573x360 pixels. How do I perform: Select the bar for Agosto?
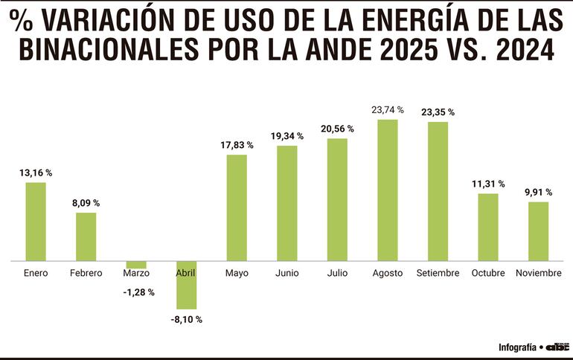388,190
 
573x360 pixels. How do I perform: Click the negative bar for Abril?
186,286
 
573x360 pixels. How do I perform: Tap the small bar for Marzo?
136,265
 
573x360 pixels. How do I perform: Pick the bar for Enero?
36,222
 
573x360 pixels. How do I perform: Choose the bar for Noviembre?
538,231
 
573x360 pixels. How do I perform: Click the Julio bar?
337,200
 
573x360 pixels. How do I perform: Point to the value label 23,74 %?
388,109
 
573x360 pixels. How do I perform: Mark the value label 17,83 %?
237,145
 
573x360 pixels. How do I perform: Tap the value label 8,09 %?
86,203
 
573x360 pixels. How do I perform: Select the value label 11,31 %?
488,184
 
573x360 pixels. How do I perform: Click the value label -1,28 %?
138,292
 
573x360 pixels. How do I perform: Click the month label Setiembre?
438,273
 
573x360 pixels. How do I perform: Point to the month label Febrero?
86,273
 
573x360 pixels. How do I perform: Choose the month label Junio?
286,273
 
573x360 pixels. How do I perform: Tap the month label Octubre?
488,273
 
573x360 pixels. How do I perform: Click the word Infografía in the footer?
519,347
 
